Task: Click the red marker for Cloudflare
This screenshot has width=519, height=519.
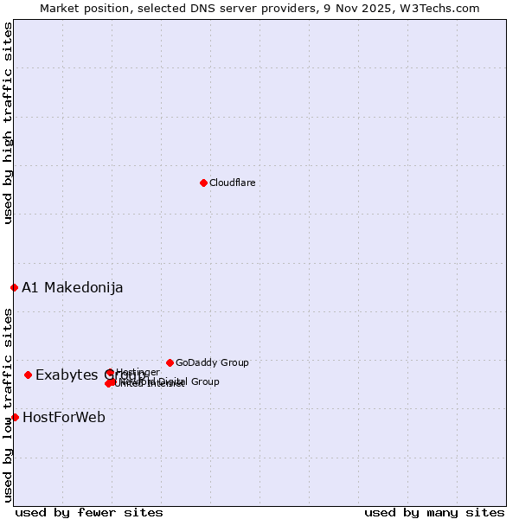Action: [x=203, y=183]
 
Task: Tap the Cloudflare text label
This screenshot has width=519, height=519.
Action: [x=232, y=183]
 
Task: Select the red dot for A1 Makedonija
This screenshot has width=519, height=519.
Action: [x=14, y=287]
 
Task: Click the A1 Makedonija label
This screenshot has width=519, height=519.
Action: [x=73, y=288]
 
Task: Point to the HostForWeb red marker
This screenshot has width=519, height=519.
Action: [x=15, y=417]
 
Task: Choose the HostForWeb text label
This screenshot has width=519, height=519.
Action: [x=64, y=418]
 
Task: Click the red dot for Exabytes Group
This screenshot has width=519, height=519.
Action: [x=28, y=375]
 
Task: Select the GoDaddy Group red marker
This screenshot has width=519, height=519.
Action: [x=170, y=362]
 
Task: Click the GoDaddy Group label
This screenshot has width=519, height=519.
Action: [x=212, y=363]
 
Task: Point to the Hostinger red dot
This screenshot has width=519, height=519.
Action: [x=110, y=373]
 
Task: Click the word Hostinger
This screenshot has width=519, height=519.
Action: [x=138, y=373]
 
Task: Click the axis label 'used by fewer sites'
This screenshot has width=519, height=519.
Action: [x=89, y=513]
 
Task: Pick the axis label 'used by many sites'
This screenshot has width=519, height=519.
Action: [x=434, y=513]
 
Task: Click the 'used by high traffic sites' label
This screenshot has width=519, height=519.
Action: [x=8, y=123]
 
